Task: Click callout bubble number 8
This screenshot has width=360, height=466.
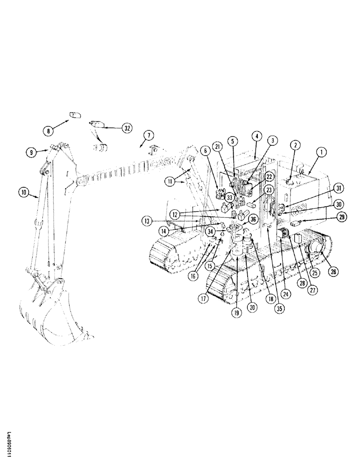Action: [48, 131]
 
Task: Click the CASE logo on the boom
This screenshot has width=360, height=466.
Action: [164, 163]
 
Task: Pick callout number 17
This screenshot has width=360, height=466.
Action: [202, 299]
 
